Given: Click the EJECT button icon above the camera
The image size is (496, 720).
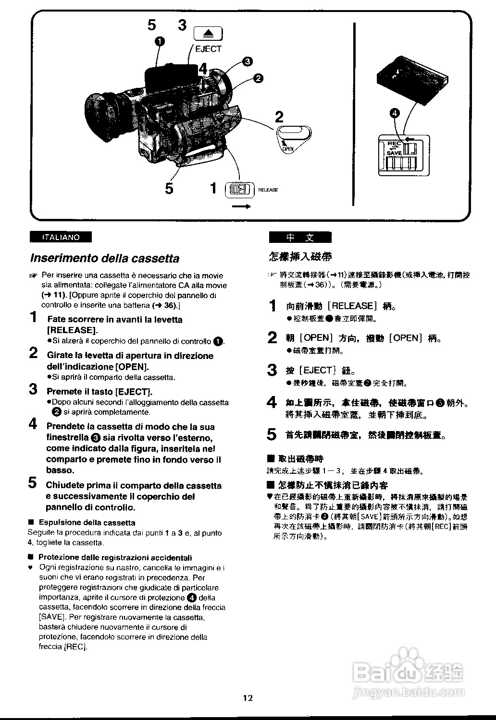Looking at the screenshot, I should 208,34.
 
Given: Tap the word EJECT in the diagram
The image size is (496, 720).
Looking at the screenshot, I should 208,49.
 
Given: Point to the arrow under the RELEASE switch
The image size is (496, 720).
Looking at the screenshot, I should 241,207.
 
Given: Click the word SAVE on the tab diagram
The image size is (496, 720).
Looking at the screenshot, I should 394,153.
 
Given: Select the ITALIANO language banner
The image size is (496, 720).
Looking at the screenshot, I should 61,237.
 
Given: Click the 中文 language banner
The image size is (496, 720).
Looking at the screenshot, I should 300,237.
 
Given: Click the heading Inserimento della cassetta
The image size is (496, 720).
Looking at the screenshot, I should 105,258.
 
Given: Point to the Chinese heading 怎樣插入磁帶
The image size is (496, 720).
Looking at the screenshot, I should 300,256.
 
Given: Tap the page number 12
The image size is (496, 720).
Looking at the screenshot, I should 248,698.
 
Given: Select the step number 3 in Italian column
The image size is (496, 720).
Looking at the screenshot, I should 33,389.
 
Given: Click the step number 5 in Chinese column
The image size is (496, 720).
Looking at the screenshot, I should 272,434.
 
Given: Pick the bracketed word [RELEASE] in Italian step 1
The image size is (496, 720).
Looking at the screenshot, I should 72,330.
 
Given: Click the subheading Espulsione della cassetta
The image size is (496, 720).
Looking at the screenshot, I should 87,523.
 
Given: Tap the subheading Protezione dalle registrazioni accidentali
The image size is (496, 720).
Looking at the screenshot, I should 115,557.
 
